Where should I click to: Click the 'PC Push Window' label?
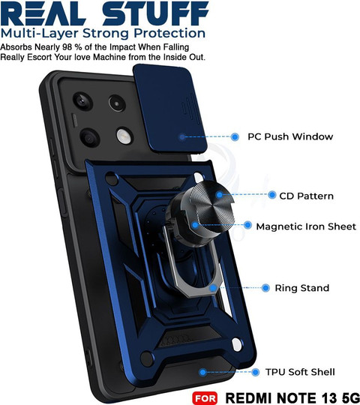point(290,136)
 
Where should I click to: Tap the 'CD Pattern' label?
point(306,196)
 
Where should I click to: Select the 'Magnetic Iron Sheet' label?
point(306,226)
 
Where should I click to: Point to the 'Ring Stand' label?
point(302,288)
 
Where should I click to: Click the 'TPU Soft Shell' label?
point(300,372)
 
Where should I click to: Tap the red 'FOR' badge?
point(205,398)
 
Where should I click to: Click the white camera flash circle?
point(124,135)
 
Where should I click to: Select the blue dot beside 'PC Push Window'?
point(235,137)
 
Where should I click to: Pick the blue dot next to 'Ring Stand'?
point(265,288)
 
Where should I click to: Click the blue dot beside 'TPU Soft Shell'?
point(256,372)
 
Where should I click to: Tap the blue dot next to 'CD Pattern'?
point(272,195)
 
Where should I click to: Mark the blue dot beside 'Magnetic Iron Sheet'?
point(247,225)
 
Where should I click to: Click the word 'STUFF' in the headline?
point(155,13)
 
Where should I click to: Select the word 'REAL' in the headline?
point(43,13)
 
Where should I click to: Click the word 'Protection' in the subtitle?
point(169,33)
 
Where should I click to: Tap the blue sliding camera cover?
point(169,109)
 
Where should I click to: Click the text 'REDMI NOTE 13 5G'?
point(292,398)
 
